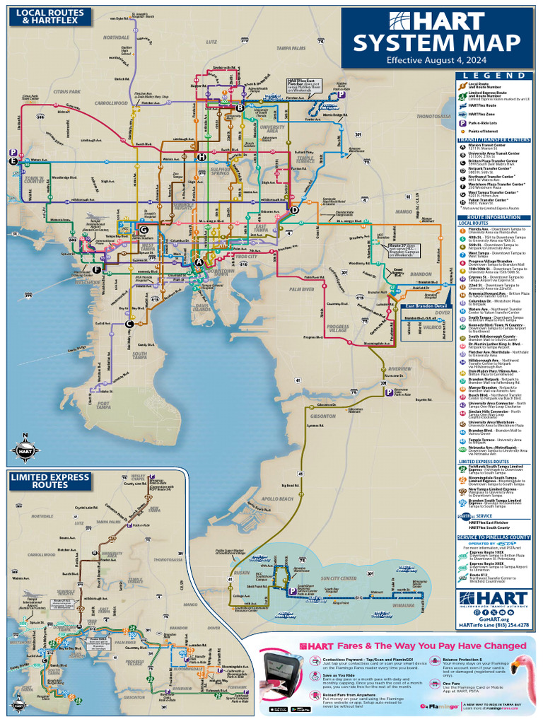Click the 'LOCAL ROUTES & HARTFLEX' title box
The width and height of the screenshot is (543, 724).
[x=49, y=16]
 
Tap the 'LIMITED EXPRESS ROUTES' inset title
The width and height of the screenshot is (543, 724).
[x=49, y=481]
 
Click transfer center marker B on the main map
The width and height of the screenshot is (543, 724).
[x=240, y=107]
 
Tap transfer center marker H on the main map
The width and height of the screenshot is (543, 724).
[x=202, y=156]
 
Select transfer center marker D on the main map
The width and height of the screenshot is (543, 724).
[x=295, y=209]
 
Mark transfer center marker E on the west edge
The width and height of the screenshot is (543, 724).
[x=13, y=161]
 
